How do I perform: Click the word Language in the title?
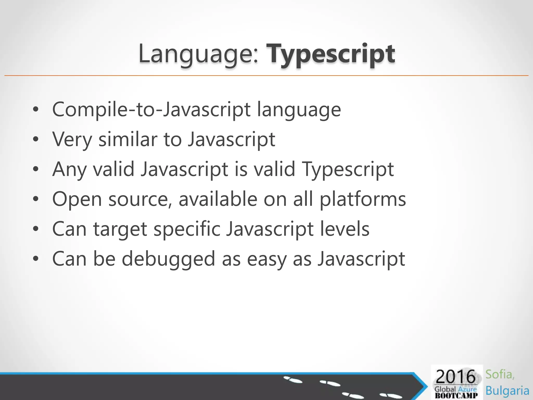[x=198, y=54]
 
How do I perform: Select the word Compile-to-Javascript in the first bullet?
[x=151, y=110]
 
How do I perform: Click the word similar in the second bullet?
[x=128, y=139]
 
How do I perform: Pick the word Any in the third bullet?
[x=69, y=170]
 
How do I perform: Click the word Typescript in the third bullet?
[x=348, y=170]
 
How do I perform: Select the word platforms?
[x=363, y=199]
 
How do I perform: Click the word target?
[x=120, y=229]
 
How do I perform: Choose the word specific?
[x=187, y=229]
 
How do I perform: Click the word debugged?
[x=168, y=259]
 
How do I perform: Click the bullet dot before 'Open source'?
[x=36, y=199]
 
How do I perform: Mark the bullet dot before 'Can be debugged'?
[x=36, y=259]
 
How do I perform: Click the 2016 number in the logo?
[x=455, y=377]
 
